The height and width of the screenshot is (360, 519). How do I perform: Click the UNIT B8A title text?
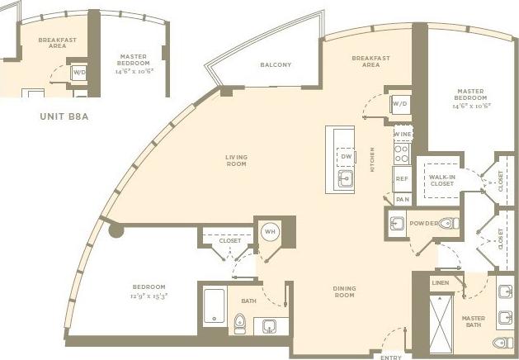[x=64, y=117]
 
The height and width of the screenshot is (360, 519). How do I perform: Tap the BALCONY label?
[x=275, y=65]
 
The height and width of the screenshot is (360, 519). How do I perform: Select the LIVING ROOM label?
[x=237, y=160]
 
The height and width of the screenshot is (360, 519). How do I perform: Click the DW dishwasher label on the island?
[x=347, y=155]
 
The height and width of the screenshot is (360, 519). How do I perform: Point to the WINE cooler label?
[x=403, y=134]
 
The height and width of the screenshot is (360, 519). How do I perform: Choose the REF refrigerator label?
[x=403, y=178]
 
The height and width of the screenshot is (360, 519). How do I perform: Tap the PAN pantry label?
[x=403, y=199]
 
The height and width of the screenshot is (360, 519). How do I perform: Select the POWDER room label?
[x=424, y=222]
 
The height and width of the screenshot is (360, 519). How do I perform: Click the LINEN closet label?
[x=440, y=283]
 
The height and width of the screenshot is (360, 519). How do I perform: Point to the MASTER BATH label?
[x=473, y=321]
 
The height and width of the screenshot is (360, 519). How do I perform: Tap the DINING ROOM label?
[x=344, y=291]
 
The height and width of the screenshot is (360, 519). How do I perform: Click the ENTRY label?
[x=390, y=356]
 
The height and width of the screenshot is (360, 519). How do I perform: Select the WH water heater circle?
[x=270, y=232]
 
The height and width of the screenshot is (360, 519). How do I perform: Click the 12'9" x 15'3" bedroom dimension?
[x=149, y=295]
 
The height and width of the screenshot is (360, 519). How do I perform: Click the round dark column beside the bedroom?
[x=116, y=231]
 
